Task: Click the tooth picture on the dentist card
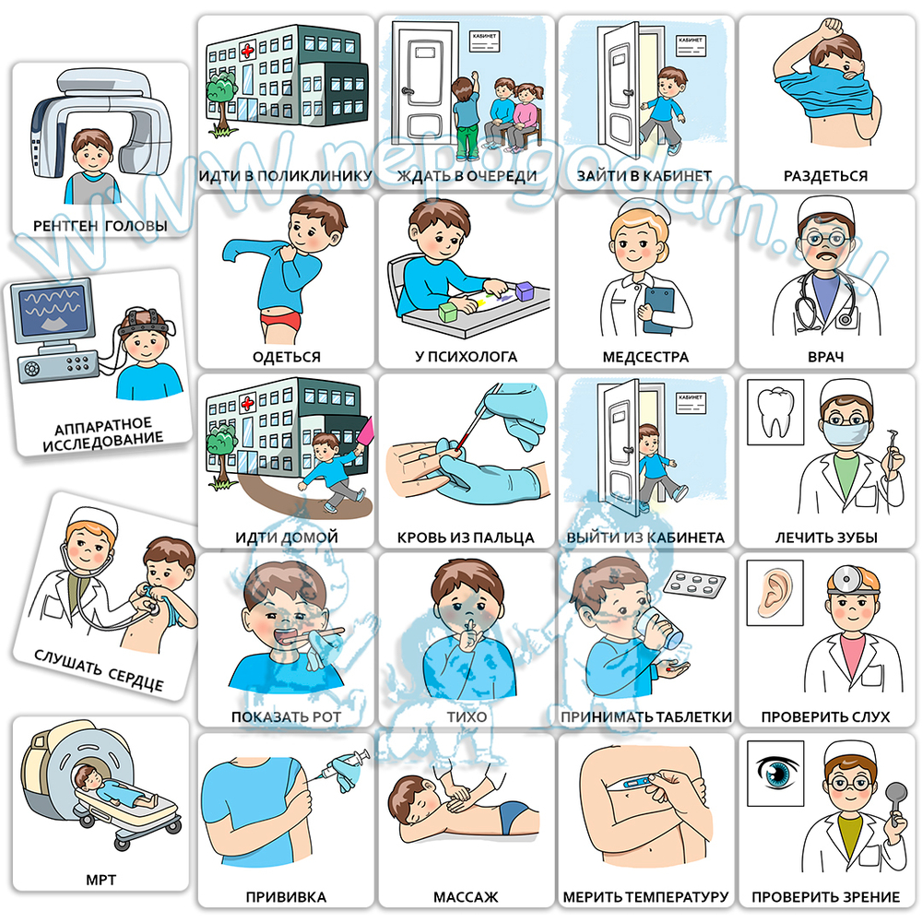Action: pyautogui.click(x=774, y=411)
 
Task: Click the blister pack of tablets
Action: pyautogui.click(x=695, y=584)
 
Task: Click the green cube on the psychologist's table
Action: pyautogui.click(x=448, y=312)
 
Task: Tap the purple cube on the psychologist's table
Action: pyautogui.click(x=524, y=290)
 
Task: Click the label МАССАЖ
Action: pyautogui.click(x=466, y=897)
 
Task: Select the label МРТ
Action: pyautogui.click(x=100, y=880)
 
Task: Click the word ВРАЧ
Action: pyautogui.click(x=825, y=357)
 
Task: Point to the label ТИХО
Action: pyautogui.click(x=467, y=716)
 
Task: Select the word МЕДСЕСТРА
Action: pyautogui.click(x=645, y=357)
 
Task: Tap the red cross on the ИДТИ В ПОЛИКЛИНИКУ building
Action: pyautogui.click(x=247, y=50)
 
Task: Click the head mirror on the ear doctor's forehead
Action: pyautogui.click(x=846, y=578)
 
